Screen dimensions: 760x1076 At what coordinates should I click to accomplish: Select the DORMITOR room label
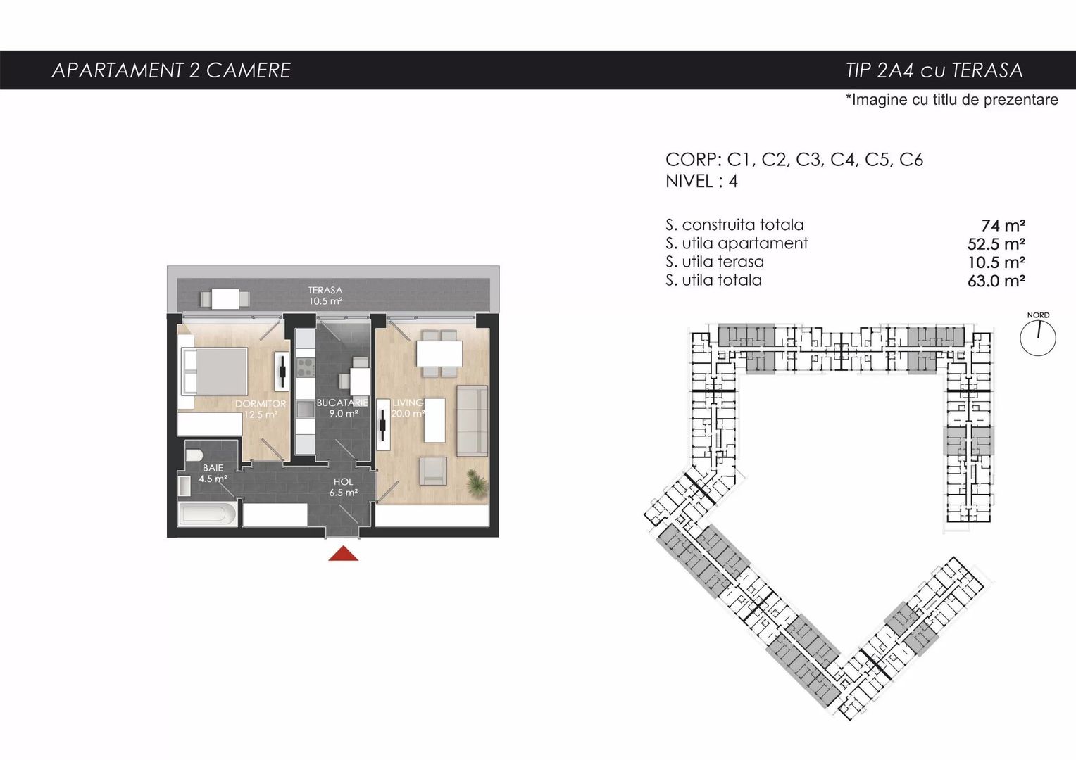(x=261, y=404)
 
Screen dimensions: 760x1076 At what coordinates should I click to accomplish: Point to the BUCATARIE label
(x=342, y=403)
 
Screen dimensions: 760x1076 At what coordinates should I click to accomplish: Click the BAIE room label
(x=213, y=467)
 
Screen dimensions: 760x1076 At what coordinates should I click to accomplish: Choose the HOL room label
(x=343, y=482)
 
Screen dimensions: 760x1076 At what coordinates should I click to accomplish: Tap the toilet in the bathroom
(x=194, y=455)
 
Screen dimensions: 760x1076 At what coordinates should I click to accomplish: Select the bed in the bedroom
(x=213, y=370)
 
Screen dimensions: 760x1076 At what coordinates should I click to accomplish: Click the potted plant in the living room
(x=477, y=483)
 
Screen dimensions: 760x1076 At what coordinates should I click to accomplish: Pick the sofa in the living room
(x=472, y=419)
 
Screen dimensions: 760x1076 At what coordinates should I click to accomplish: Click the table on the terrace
(x=225, y=299)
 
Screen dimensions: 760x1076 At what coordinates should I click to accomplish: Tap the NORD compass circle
(x=1037, y=337)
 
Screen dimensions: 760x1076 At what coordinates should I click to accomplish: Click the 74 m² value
(x=1003, y=226)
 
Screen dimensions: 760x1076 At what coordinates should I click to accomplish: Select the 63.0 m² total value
(x=996, y=281)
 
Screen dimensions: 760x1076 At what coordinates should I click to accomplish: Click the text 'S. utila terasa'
(x=714, y=262)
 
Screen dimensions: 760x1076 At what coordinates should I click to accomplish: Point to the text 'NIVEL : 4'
(x=701, y=182)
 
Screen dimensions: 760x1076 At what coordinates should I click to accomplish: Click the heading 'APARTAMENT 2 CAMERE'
(x=171, y=70)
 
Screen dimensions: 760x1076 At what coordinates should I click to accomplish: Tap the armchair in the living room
(x=433, y=471)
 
